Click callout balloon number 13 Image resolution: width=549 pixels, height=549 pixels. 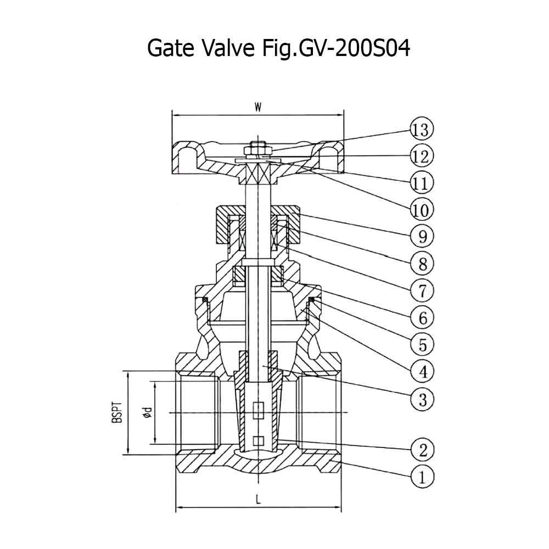(x=421, y=130)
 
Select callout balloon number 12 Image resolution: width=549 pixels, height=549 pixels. (x=422, y=156)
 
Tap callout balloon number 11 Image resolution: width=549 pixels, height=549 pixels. (x=422, y=183)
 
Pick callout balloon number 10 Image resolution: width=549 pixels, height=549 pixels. (x=422, y=210)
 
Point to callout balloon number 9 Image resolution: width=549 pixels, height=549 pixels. (x=422, y=237)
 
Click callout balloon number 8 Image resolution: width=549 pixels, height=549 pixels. (x=422, y=264)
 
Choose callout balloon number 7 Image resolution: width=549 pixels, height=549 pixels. (x=422, y=290)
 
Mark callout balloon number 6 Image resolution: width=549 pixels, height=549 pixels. (x=422, y=318)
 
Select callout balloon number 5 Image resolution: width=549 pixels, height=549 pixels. (x=422, y=345)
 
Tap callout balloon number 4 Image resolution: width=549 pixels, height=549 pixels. (x=422, y=371)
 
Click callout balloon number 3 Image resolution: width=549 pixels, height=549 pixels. (x=422, y=399)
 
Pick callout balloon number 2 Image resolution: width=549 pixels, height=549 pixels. (x=422, y=450)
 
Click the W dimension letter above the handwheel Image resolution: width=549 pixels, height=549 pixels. (x=258, y=108)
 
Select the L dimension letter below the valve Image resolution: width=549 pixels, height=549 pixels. (x=259, y=500)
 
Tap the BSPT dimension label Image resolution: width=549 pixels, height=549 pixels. (x=117, y=413)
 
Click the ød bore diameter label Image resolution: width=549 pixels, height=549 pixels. (x=148, y=412)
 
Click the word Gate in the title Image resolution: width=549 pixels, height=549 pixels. (x=171, y=48)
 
